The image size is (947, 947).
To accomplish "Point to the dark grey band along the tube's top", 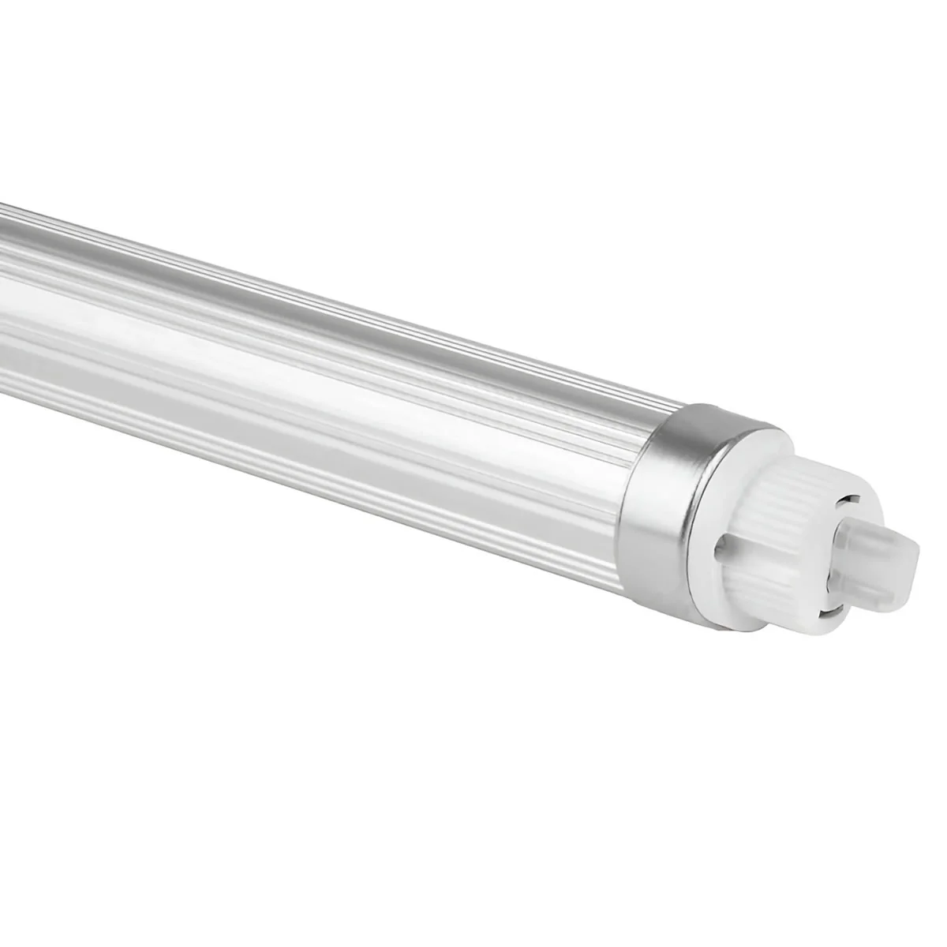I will (316, 284).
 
